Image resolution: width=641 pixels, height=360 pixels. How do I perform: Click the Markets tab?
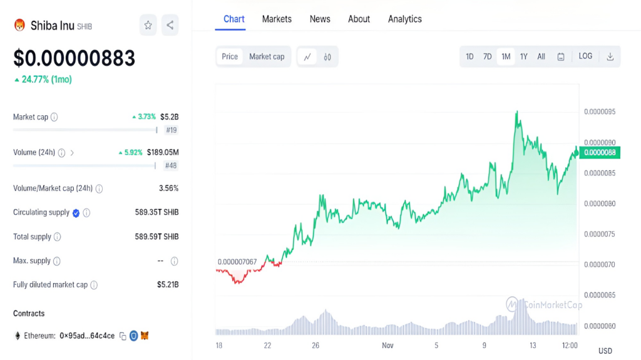[277, 19]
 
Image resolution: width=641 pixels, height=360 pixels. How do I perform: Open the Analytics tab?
[405, 19]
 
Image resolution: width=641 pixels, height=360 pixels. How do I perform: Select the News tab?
[320, 19]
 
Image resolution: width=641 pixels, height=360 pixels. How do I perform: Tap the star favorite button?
[148, 26]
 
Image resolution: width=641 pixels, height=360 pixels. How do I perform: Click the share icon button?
[170, 26]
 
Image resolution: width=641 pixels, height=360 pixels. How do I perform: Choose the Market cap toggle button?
[267, 56]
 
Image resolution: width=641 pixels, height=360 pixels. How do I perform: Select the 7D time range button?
[487, 56]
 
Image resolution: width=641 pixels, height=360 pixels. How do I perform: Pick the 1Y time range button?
[524, 56]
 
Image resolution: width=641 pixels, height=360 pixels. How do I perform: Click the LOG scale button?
[585, 56]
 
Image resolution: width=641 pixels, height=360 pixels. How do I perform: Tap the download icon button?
[610, 56]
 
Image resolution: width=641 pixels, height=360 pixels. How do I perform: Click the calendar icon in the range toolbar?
[561, 57]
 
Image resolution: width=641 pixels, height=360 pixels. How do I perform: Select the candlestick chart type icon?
[327, 57]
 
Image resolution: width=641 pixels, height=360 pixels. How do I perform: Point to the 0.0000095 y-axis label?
[600, 111]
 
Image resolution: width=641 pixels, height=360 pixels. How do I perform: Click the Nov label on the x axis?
[387, 346]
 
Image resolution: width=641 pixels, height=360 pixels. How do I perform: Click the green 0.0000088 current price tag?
[600, 153]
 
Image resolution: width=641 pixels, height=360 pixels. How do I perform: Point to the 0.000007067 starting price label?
[237, 262]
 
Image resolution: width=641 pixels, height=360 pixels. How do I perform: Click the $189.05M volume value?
[163, 152]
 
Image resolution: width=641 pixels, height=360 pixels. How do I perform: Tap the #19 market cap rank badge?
[172, 130]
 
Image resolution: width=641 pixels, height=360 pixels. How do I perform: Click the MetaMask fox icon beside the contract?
[145, 336]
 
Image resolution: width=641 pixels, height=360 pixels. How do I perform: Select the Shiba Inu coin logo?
[19, 26]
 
